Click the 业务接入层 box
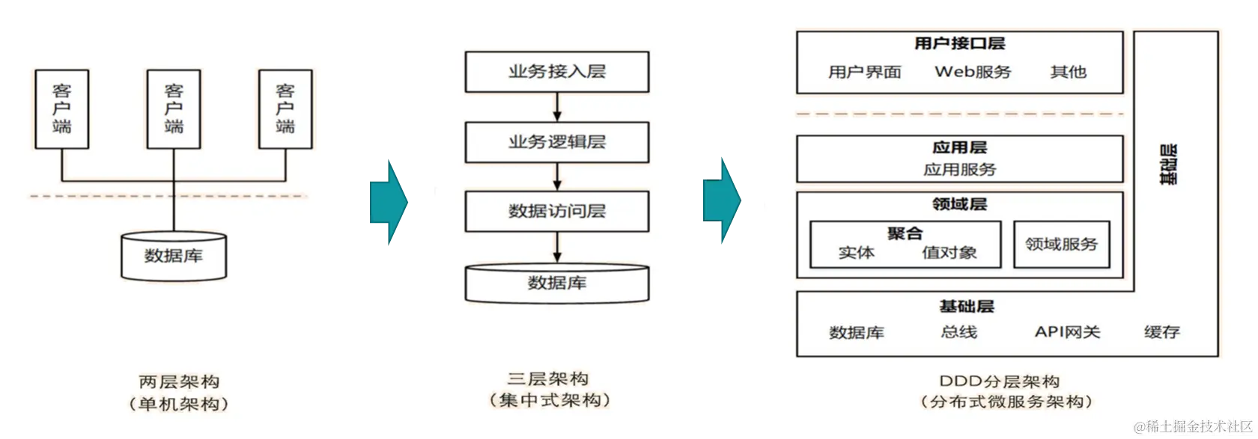[556, 72]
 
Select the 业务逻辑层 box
[556, 142]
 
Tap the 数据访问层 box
[556, 211]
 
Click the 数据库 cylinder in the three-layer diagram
[556, 283]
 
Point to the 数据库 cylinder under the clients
[174, 256]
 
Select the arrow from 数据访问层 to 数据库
[556, 248]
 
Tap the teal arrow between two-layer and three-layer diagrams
[389, 202]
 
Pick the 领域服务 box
[1061, 244]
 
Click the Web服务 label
[973, 72]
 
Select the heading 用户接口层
[959, 43]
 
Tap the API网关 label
[1067, 331]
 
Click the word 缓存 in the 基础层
[1161, 331]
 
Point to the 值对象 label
[949, 253]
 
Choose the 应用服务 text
[959, 170]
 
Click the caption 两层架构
[180, 381]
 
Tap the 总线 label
[958, 331]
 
